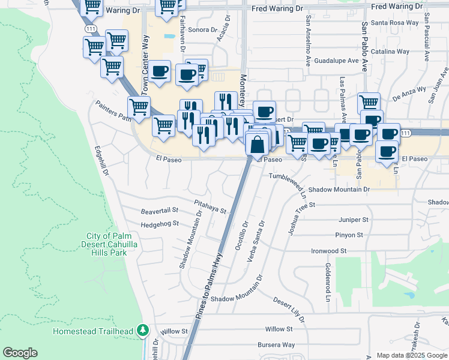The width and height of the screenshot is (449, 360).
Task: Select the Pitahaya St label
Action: click(x=209, y=211)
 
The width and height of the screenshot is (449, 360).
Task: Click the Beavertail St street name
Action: click(x=160, y=211)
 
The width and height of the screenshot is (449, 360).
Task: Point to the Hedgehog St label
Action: click(x=159, y=224)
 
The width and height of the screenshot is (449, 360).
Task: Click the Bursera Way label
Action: click(x=276, y=345)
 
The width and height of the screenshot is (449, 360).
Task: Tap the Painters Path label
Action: click(x=113, y=110)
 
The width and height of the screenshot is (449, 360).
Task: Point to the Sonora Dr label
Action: click(x=202, y=29)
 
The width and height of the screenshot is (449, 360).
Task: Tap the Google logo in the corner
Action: click(x=20, y=353)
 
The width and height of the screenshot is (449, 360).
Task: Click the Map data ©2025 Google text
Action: click(x=411, y=355)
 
